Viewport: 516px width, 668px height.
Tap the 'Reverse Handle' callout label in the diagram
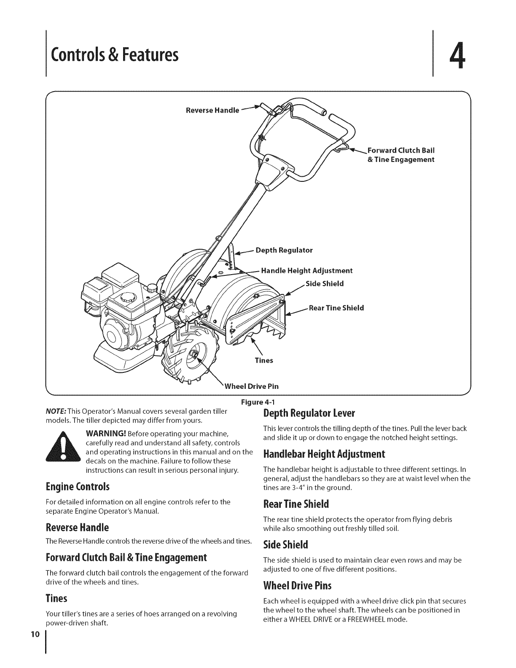[x=212, y=110]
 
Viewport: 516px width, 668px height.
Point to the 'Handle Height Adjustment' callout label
[x=306, y=270]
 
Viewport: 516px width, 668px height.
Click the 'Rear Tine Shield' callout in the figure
[x=336, y=308]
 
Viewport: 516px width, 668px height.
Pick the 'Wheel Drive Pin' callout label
[x=252, y=386]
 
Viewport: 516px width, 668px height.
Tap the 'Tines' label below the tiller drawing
[x=264, y=361]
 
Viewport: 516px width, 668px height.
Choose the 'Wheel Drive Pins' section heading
[x=297, y=586]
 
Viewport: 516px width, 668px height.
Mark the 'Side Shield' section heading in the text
[x=286, y=545]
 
